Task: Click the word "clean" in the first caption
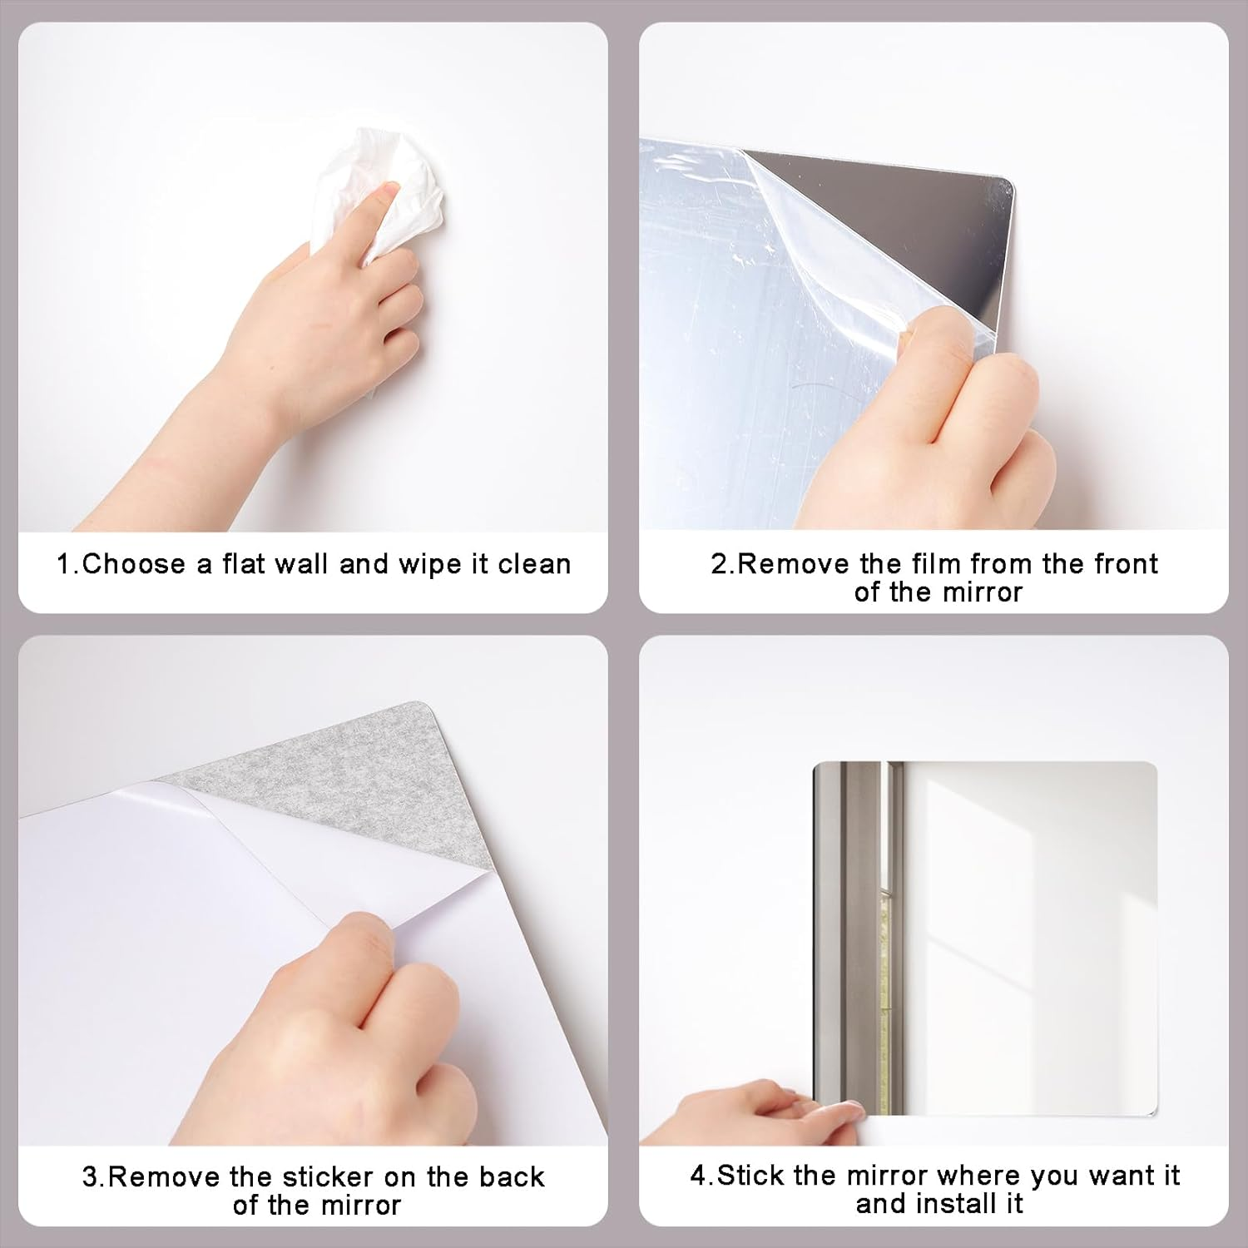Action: [534, 564]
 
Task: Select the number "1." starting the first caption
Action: [68, 564]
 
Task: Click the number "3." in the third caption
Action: [94, 1176]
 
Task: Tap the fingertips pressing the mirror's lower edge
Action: [832, 1111]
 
